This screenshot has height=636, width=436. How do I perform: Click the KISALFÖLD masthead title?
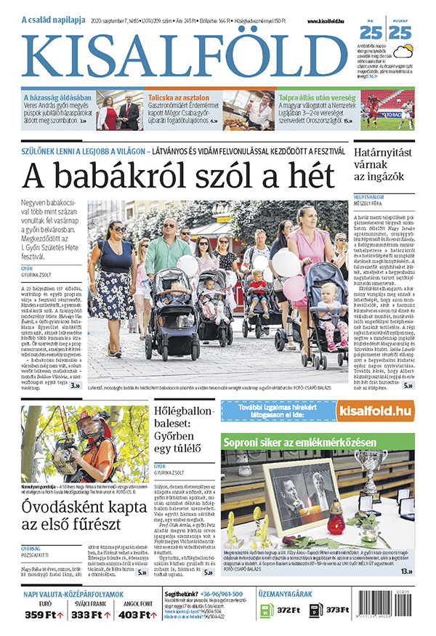[x=185, y=55]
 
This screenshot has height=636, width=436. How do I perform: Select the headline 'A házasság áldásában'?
[x=57, y=96]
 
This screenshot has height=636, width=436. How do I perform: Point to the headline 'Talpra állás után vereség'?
[x=318, y=96]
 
